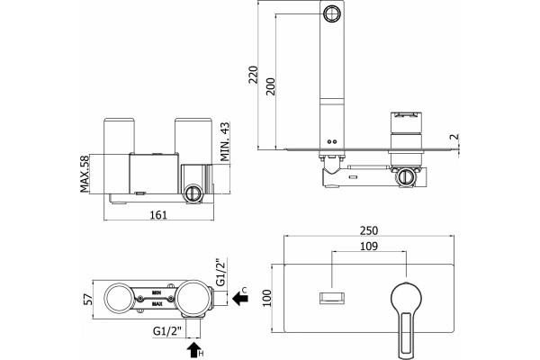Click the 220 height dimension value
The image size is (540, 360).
[253, 74]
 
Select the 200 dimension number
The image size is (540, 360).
[271, 86]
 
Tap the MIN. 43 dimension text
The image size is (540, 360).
[225, 142]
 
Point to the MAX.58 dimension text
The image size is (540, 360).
[85, 174]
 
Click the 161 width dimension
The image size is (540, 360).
[158, 215]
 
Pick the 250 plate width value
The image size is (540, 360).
[368, 230]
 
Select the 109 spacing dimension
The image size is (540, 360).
[368, 247]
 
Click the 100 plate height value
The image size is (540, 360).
[267, 298]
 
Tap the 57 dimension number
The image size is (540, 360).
[88, 300]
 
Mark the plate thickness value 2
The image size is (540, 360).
[454, 137]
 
